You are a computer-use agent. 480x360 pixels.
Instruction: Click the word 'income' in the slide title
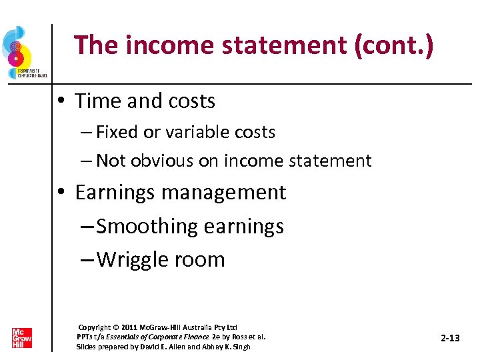[x=165, y=45]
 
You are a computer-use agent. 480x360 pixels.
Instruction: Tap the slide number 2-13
[x=451, y=339]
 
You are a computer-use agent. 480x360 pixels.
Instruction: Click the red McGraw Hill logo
[x=21, y=337]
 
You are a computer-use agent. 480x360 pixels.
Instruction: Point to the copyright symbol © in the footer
[x=117, y=327]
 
